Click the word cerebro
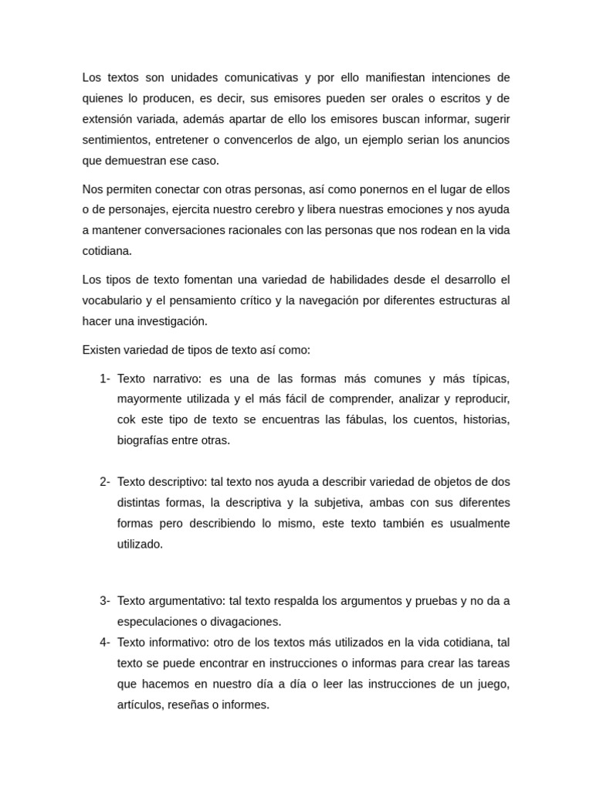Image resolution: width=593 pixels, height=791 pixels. (278, 210)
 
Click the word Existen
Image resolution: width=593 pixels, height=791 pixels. (101, 350)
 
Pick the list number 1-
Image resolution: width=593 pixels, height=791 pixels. (105, 379)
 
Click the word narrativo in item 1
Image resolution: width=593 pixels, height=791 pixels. (175, 379)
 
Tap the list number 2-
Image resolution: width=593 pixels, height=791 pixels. (105, 482)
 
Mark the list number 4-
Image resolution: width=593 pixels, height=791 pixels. (105, 643)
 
